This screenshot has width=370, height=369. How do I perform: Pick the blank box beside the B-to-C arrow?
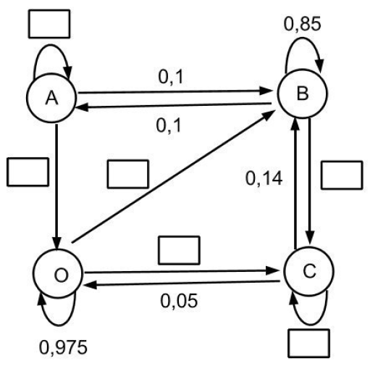(x=340, y=174)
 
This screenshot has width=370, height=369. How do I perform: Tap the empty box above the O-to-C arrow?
(x=178, y=249)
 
